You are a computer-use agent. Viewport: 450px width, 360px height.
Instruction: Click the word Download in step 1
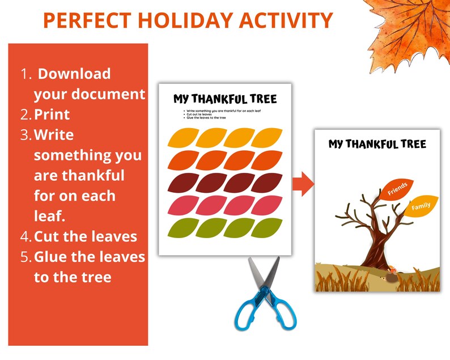click(x=74, y=74)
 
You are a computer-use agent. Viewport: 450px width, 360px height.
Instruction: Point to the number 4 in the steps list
click(x=26, y=236)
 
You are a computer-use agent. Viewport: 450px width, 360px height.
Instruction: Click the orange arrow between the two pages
click(x=303, y=185)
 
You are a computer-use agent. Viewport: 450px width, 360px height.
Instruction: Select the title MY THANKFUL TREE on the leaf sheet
click(x=225, y=99)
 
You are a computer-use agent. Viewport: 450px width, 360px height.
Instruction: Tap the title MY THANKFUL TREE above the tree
click(x=377, y=144)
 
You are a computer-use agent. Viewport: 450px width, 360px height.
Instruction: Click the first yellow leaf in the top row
click(x=184, y=138)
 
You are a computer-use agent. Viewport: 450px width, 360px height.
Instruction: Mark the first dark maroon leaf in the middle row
click(x=184, y=183)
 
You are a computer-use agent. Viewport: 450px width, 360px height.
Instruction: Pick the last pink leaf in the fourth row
click(x=266, y=205)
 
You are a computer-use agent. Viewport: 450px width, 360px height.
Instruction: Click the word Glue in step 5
click(x=53, y=257)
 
